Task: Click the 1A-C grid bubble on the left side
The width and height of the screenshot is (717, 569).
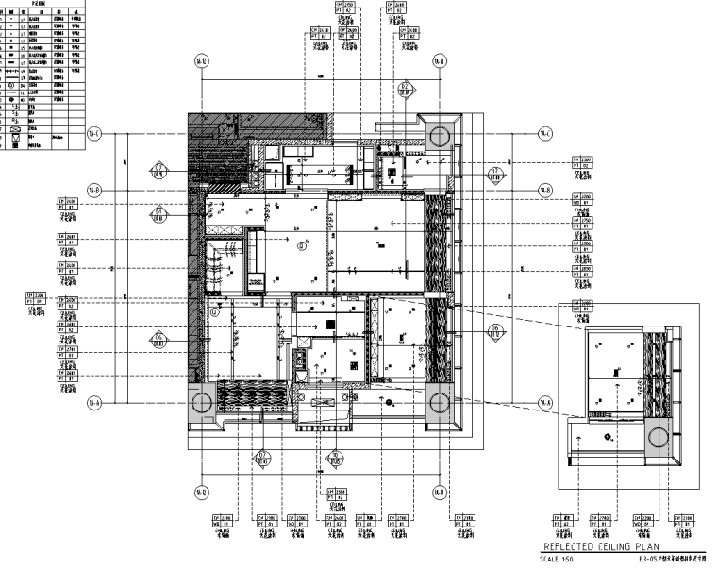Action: coord(94,133)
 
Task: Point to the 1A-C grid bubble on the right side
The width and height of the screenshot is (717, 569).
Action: coord(544,133)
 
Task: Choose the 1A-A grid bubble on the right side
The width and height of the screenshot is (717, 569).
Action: coord(544,403)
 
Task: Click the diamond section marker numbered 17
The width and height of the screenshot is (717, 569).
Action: coord(496,173)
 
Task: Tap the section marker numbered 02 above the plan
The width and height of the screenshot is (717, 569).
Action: coord(404,91)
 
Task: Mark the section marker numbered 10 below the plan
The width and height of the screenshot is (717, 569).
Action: coord(332,460)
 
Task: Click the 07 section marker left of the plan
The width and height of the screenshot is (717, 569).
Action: coord(158,171)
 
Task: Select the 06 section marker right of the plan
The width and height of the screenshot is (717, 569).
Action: coord(496,331)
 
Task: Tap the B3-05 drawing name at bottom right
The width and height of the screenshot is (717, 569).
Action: coord(672,559)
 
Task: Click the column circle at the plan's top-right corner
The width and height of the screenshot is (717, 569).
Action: coord(440,135)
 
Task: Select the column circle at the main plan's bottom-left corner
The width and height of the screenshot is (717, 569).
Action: coord(202,403)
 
